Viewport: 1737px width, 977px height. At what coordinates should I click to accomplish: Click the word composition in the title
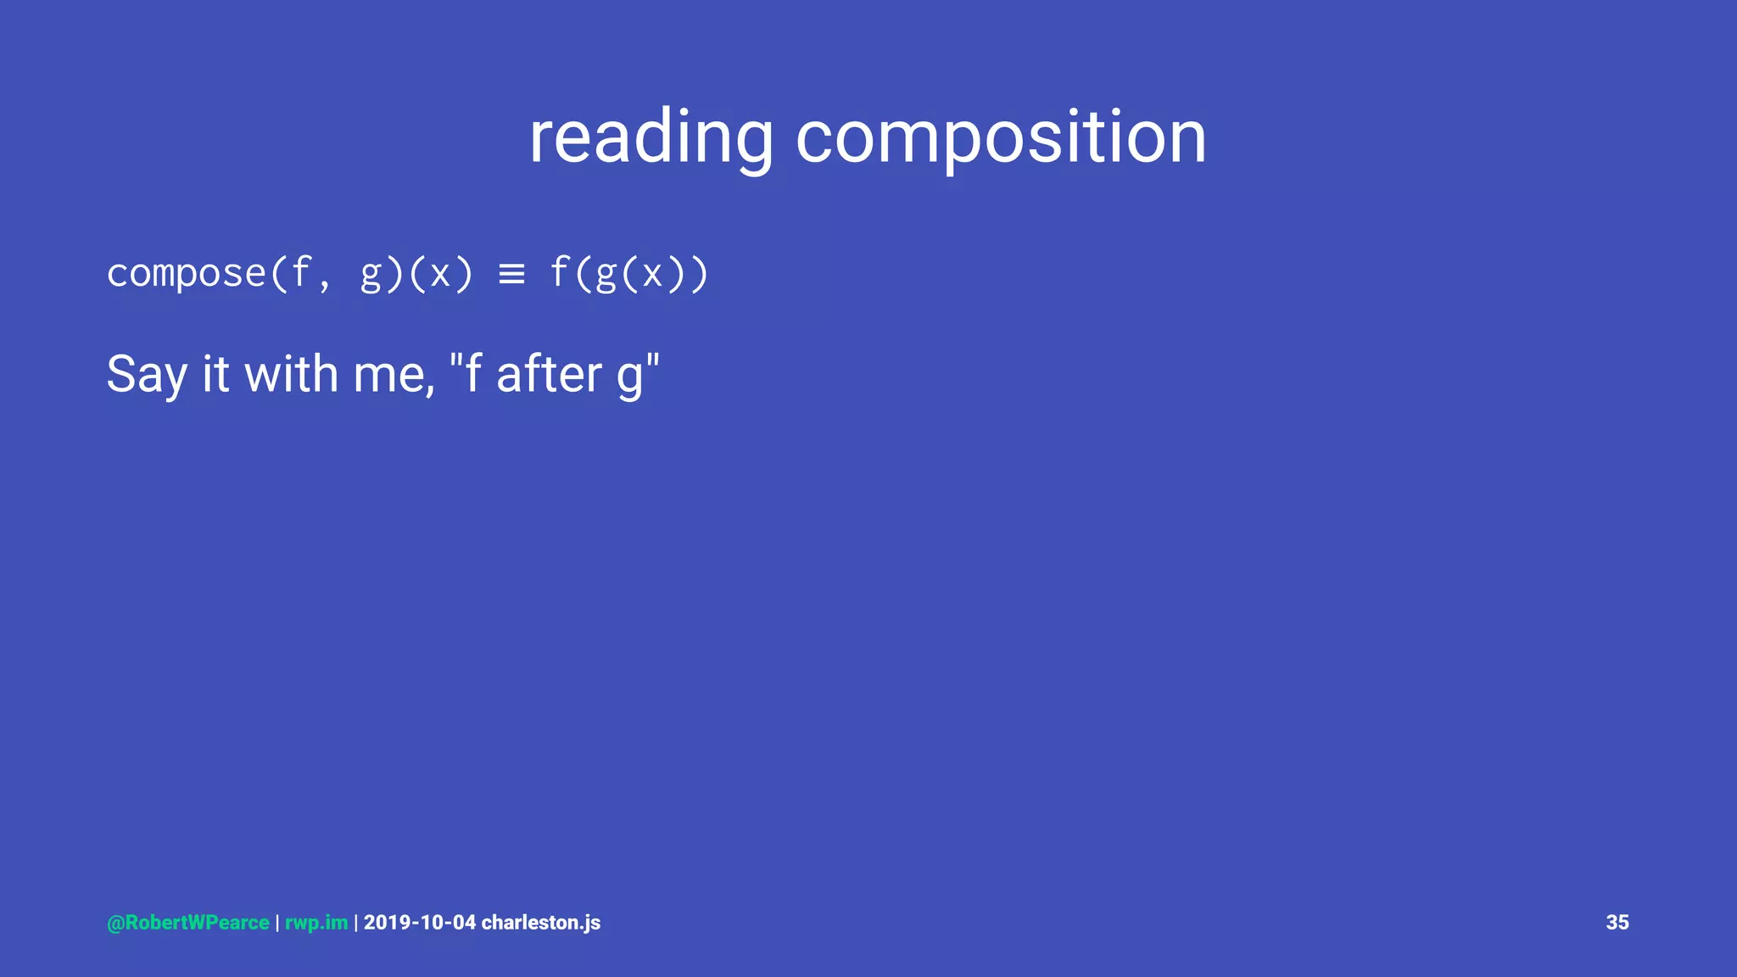pyautogui.click(x=1001, y=137)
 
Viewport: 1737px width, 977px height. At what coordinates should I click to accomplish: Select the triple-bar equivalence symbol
pyautogui.click(x=511, y=274)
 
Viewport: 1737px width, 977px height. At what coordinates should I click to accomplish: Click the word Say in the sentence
pyautogui.click(x=147, y=374)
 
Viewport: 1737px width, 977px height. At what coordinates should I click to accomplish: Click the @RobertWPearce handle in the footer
pyautogui.click(x=188, y=923)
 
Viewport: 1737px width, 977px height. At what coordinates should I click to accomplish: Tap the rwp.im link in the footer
pyautogui.click(x=316, y=923)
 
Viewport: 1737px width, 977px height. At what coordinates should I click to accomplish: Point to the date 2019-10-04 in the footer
pyautogui.click(x=420, y=923)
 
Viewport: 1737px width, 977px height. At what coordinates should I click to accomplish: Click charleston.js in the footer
pyautogui.click(x=541, y=923)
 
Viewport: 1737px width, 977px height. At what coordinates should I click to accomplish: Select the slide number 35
pyautogui.click(x=1617, y=923)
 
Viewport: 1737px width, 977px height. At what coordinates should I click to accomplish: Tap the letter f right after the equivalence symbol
pyautogui.click(x=559, y=273)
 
